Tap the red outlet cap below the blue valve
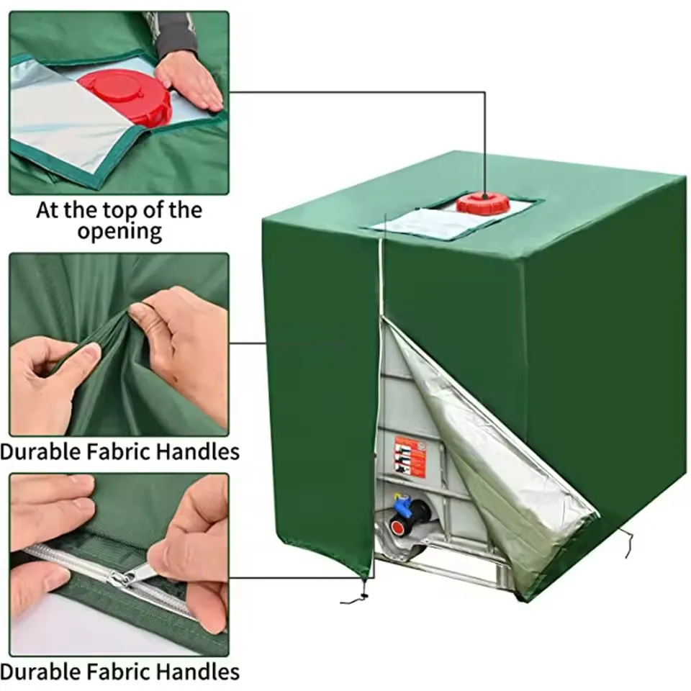tap(396, 527)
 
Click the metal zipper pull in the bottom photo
tap(133, 574)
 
